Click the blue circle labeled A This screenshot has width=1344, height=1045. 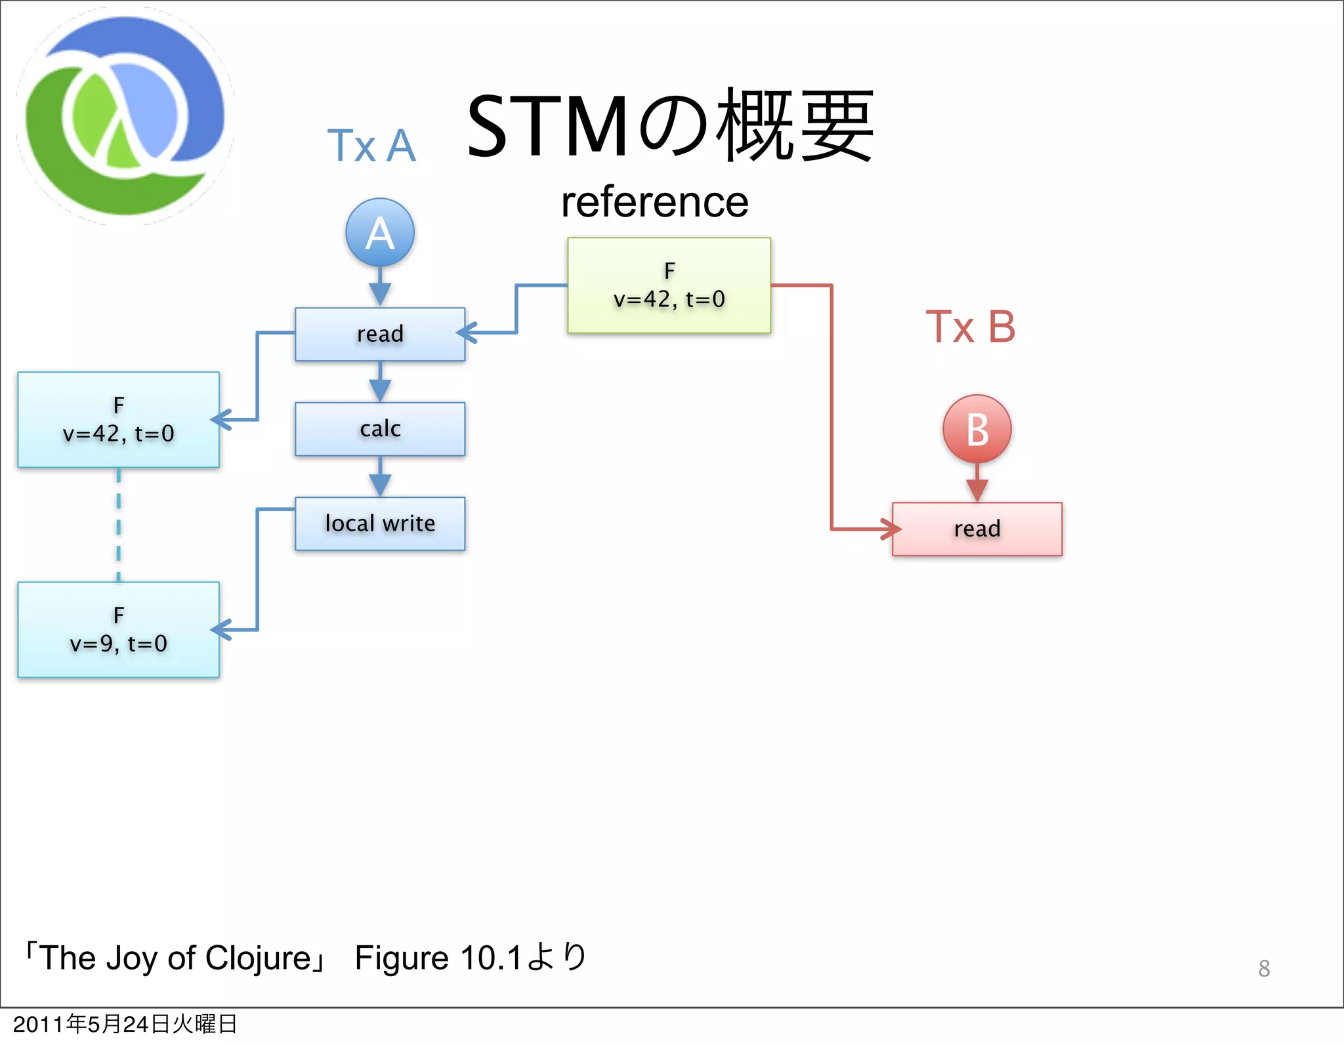[380, 232]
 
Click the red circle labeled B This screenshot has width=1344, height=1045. [976, 429]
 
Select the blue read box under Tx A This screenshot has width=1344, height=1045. [380, 334]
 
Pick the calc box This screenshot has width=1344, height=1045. [380, 429]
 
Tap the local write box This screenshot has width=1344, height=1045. [380, 523]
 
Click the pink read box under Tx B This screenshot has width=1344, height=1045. [976, 529]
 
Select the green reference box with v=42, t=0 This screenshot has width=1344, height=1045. [669, 285]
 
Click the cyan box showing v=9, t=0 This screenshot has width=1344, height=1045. [118, 630]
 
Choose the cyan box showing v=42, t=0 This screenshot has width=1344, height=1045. [118, 420]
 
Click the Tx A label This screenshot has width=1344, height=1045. [371, 146]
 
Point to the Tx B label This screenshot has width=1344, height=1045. [970, 327]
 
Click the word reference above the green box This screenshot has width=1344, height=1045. [654, 202]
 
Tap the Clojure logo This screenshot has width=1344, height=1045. [125, 116]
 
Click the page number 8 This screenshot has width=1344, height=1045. [1264, 968]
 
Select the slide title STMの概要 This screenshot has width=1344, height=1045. [669, 126]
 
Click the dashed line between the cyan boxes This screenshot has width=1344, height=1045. [118, 525]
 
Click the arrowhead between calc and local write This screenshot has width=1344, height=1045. [380, 485]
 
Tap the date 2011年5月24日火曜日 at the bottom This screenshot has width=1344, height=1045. [125, 1024]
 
